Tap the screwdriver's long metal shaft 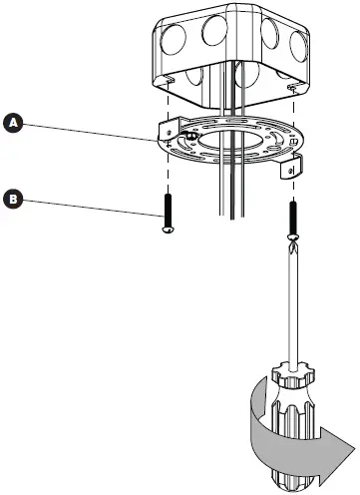click(293, 299)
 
